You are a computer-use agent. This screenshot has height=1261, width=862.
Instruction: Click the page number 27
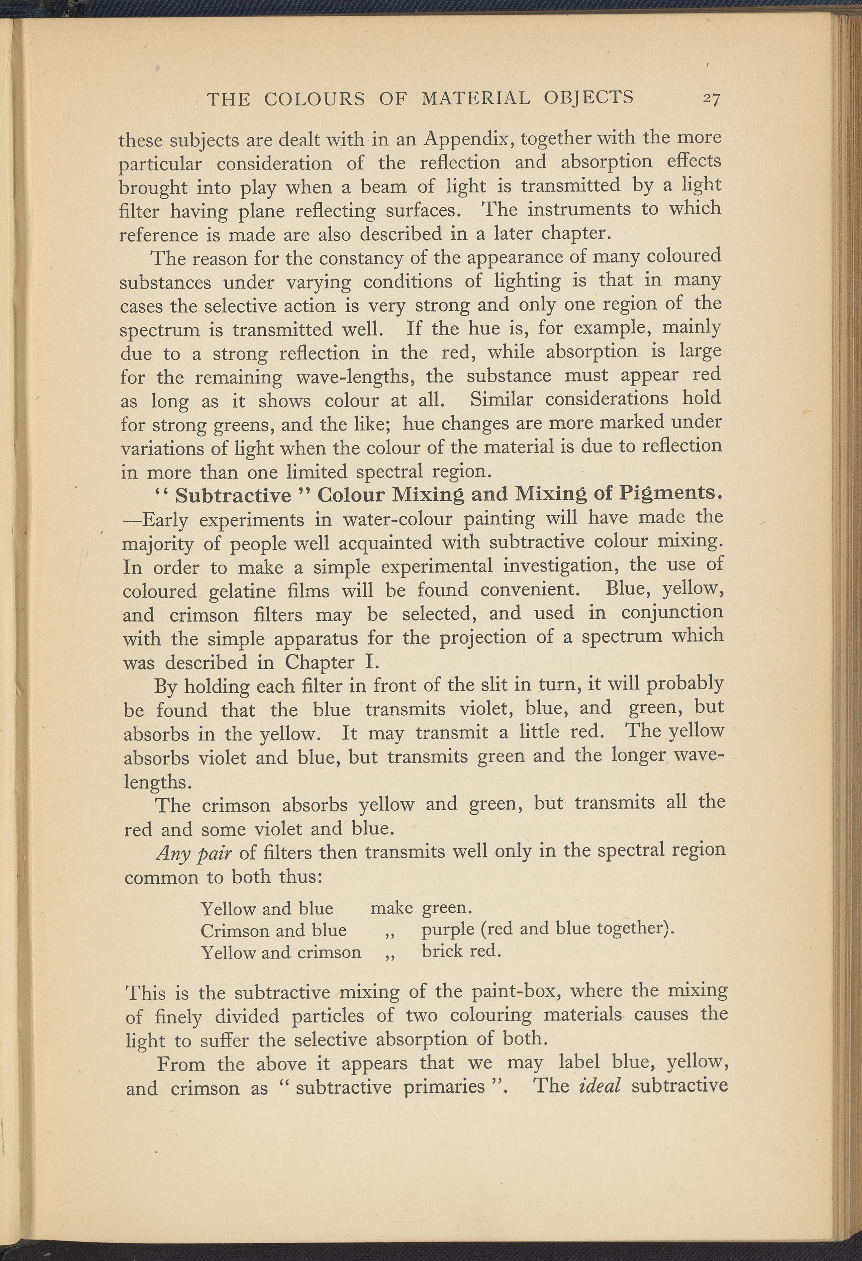pos(711,98)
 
